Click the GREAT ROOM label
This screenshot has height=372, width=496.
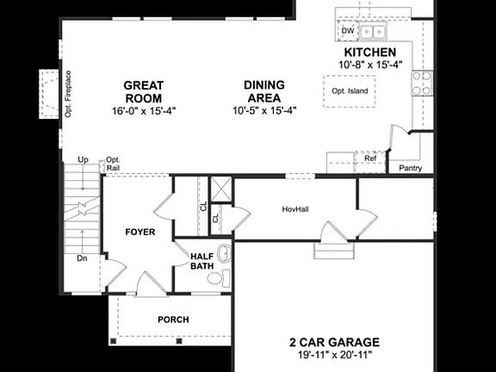(x=144, y=92)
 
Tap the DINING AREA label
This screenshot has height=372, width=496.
(x=264, y=91)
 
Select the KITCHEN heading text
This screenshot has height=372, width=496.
(x=369, y=53)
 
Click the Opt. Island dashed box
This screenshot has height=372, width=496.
(x=350, y=91)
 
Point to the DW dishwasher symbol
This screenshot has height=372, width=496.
(x=348, y=31)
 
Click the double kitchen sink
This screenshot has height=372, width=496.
(x=373, y=31)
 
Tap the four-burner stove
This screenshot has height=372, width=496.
(x=422, y=84)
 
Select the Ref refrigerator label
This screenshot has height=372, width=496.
(x=370, y=158)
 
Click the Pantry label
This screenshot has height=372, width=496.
(x=410, y=168)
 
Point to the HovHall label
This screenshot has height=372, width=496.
(x=295, y=209)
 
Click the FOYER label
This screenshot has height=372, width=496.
(x=140, y=232)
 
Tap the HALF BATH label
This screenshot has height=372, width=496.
(x=201, y=261)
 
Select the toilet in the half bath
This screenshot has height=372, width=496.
(x=218, y=277)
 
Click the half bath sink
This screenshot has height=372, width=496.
(x=225, y=252)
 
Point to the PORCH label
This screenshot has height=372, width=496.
(x=173, y=319)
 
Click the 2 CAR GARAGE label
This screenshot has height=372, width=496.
(x=334, y=342)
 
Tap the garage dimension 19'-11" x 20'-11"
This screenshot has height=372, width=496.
(x=334, y=355)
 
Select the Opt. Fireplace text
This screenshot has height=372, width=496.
(x=68, y=94)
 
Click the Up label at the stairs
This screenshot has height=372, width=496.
(x=83, y=160)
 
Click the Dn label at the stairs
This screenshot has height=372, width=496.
(x=82, y=258)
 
